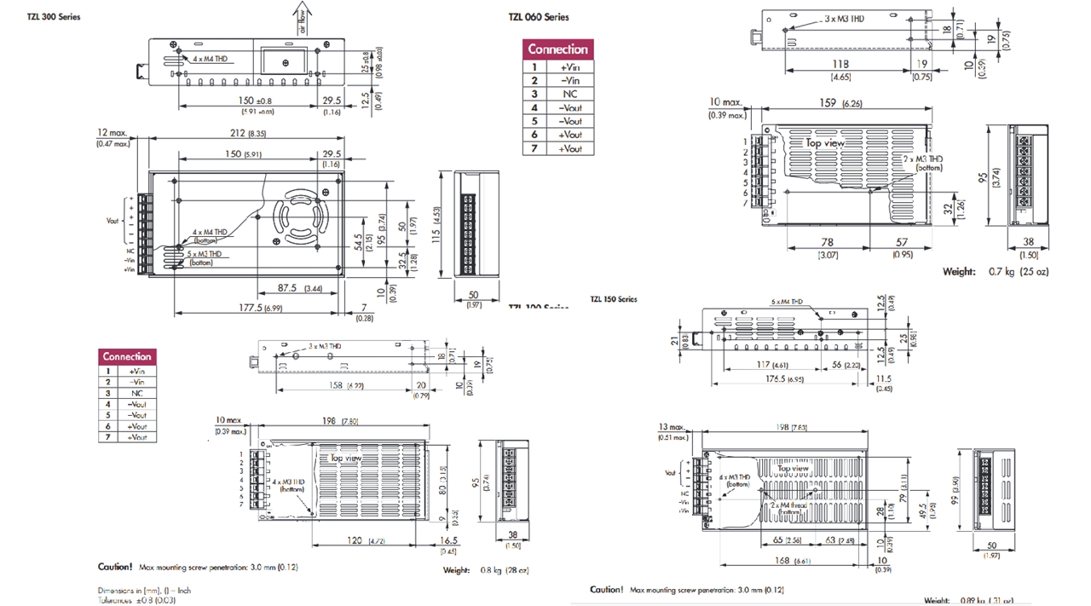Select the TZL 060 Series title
(538, 17)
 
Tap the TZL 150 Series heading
(614, 299)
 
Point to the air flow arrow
(303, 17)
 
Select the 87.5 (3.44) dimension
(299, 289)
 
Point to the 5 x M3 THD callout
(205, 253)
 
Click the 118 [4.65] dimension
(840, 65)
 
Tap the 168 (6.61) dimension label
(791, 561)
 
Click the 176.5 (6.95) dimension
(784, 379)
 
